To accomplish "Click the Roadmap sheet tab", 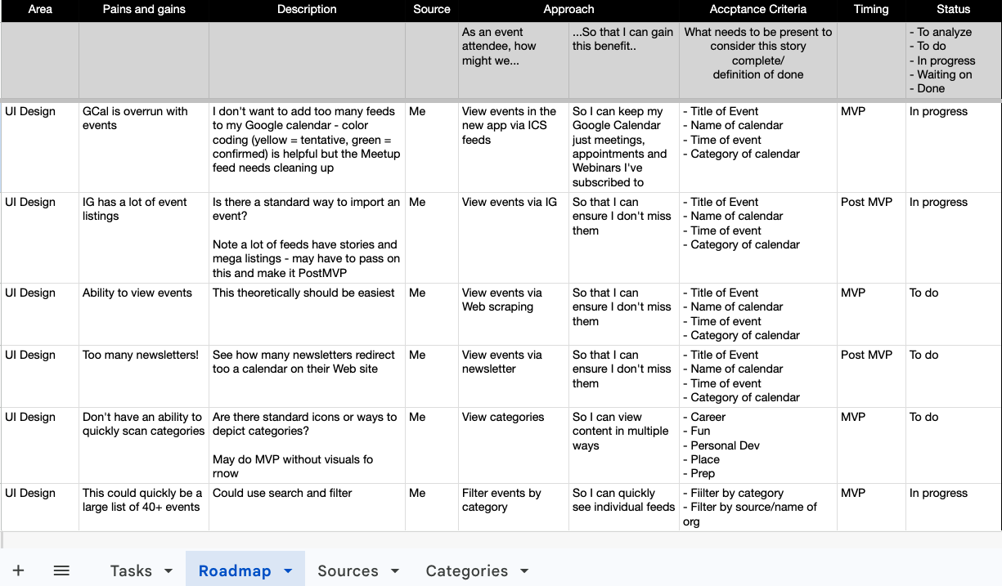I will click(x=235, y=570).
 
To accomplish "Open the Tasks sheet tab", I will click(x=131, y=570).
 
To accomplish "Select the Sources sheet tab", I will click(x=348, y=570).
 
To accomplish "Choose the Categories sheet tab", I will click(x=466, y=570).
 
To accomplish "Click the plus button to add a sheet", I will click(x=19, y=570).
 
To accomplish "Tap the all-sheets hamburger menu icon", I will click(x=61, y=570).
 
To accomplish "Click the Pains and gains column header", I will click(x=144, y=10).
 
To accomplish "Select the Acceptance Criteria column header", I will click(x=757, y=10).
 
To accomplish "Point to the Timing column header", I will click(x=870, y=10).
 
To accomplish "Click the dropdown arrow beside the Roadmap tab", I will click(x=288, y=571).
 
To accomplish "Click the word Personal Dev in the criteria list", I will click(x=725, y=445).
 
